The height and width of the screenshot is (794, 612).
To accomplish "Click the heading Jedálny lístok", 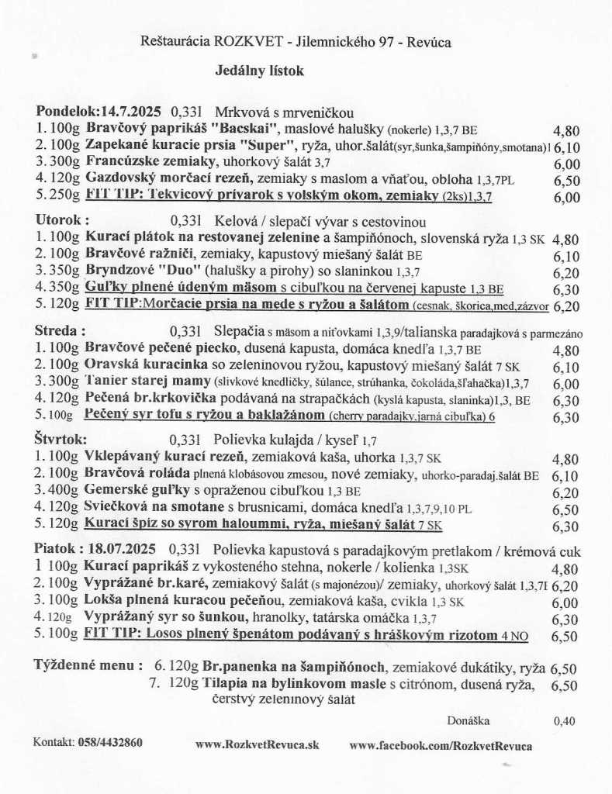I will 260,71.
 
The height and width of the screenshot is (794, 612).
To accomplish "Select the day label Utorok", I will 62,219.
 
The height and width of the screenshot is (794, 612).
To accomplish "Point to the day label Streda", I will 60,330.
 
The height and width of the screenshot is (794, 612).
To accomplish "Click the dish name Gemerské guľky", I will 139,491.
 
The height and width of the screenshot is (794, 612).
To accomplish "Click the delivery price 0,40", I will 565,721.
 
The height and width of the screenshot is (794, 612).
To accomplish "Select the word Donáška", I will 469,720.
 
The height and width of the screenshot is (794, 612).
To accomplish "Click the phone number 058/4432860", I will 110,742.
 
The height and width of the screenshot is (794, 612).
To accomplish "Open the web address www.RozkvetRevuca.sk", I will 257,745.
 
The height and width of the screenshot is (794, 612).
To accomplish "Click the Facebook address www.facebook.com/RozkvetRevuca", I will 441,745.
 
